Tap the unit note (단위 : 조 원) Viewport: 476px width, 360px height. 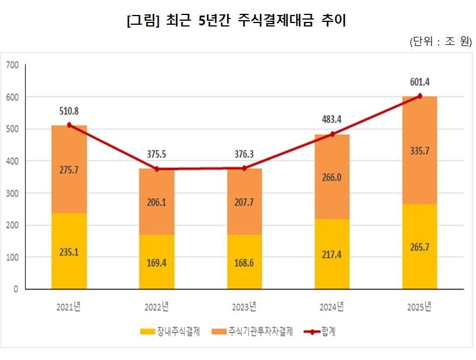click(x=440, y=42)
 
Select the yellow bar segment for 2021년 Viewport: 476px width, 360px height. click(x=69, y=251)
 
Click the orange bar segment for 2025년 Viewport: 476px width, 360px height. click(x=420, y=150)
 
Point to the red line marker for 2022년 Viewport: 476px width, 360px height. click(x=157, y=169)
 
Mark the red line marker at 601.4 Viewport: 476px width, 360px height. click(x=420, y=96)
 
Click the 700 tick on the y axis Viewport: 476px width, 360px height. click(x=13, y=65)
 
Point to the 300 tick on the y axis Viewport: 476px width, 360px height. click(x=13, y=193)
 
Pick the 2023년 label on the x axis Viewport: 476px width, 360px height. click(x=244, y=305)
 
